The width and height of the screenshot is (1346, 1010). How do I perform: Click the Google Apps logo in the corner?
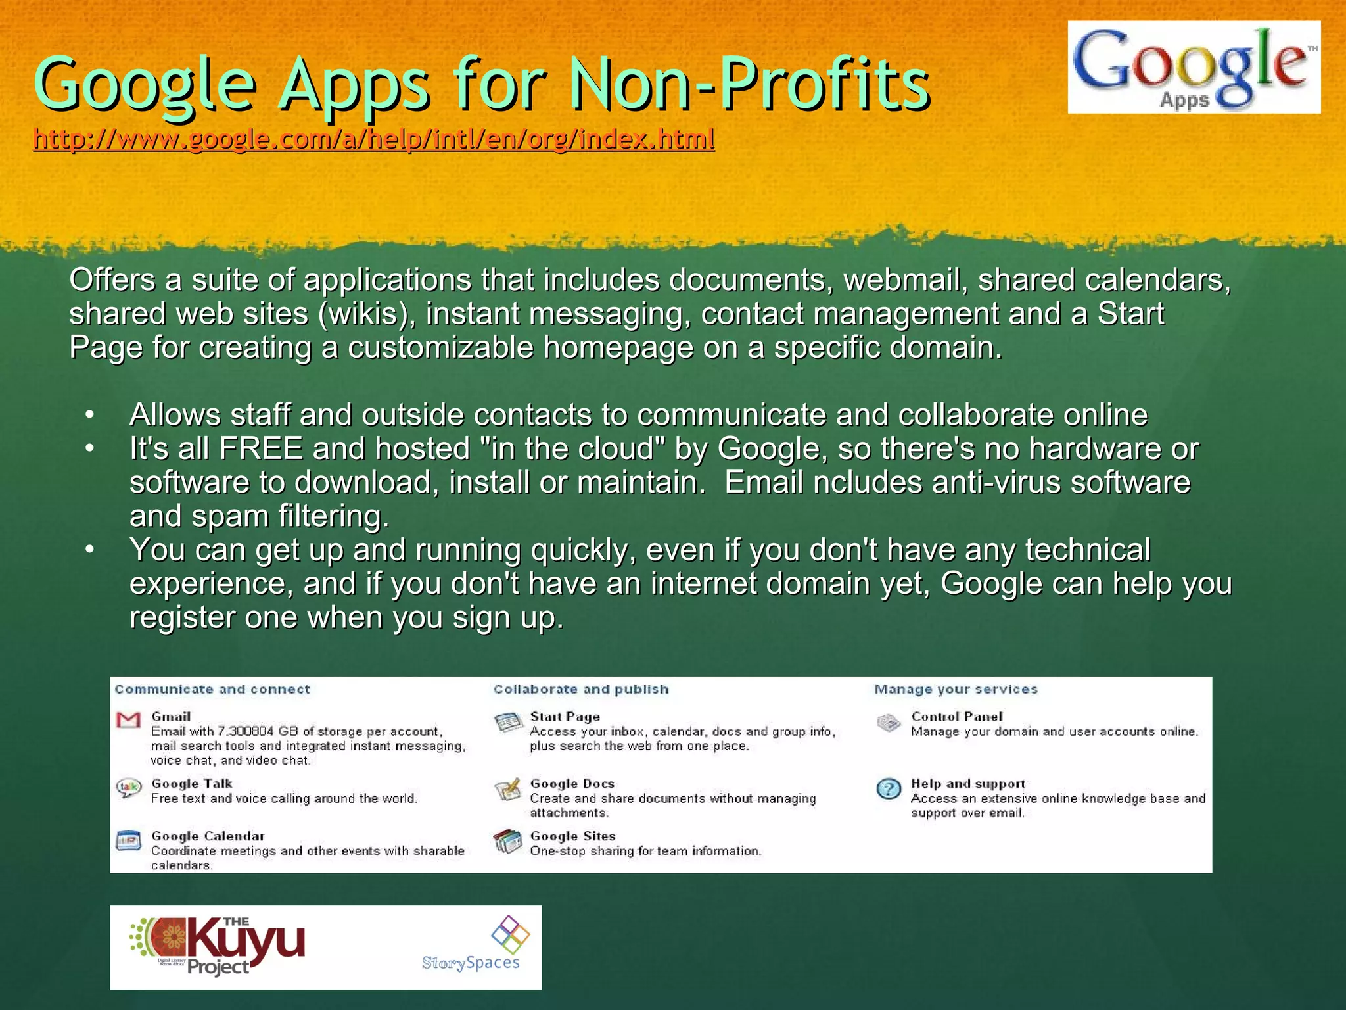(1194, 67)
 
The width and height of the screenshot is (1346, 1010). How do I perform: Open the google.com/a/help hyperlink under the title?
(373, 139)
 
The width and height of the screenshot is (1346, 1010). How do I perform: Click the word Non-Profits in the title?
(749, 84)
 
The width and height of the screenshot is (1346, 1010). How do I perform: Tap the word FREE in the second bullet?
(261, 449)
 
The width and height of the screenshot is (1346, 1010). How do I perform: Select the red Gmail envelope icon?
(128, 719)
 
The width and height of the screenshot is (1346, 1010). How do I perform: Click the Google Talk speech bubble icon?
(128, 787)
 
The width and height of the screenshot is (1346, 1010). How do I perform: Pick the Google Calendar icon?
(128, 841)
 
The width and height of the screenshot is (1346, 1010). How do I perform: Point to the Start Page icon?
(507, 723)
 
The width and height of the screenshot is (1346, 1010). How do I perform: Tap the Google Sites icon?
(507, 842)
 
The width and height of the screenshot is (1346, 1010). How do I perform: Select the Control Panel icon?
(889, 723)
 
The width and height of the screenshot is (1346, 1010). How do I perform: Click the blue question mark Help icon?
(889, 788)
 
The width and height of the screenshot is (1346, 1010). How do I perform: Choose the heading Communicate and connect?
(212, 690)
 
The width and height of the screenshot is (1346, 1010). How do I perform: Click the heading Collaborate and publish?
(581, 690)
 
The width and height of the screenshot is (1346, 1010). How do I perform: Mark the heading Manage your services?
(956, 690)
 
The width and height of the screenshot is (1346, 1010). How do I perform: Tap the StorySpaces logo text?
(471, 963)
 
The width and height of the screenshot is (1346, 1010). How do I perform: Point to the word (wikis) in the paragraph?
(367, 314)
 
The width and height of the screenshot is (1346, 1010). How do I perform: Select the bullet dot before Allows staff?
(90, 415)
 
